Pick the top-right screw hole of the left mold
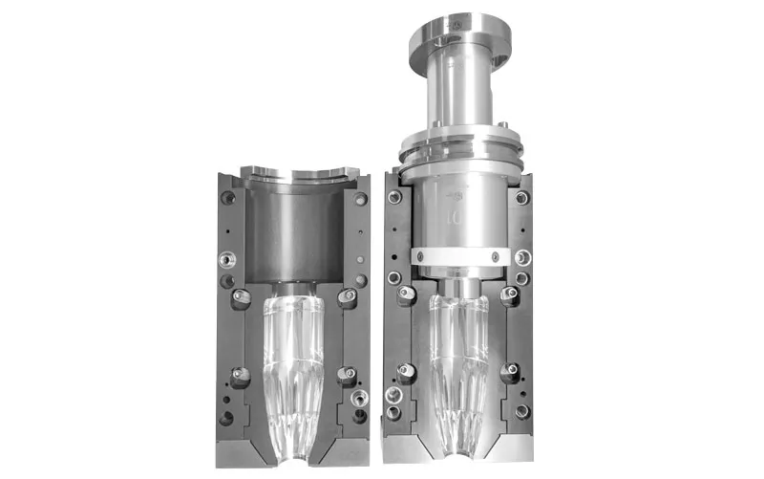(x=360, y=199)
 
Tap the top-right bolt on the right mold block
(x=521, y=198)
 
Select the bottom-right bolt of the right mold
(x=522, y=411)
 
